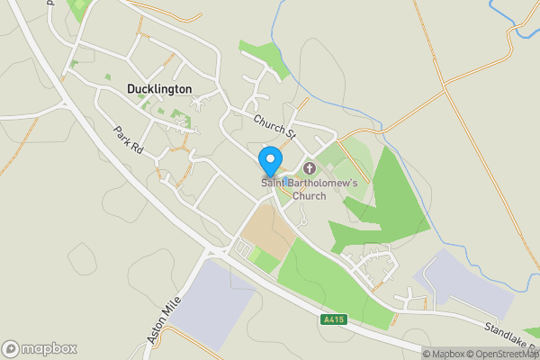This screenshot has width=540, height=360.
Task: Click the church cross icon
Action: pyautogui.click(x=310, y=168)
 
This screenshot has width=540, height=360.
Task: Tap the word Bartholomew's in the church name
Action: pyautogui.click(x=322, y=184)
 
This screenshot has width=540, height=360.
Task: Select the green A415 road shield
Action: pyautogui.click(x=332, y=319)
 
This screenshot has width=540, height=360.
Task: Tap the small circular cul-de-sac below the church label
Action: pyautogui.click(x=304, y=221)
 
